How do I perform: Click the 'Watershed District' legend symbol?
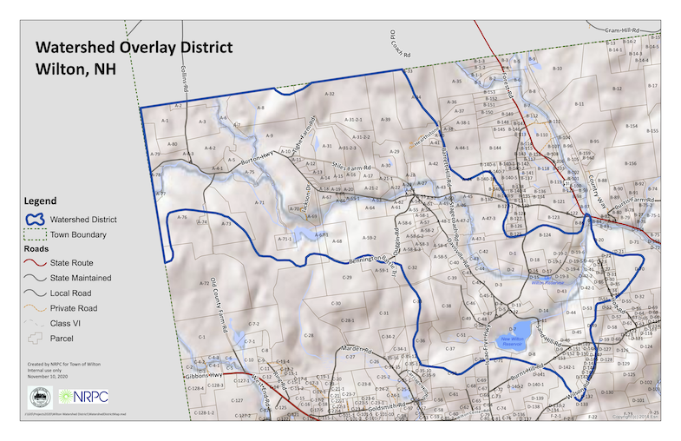[36, 220]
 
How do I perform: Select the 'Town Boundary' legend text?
[79, 234]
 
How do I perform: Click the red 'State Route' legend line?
[36, 263]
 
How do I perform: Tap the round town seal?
[40, 398]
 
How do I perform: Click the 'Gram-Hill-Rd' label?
[622, 29]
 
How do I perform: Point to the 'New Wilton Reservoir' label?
[514, 341]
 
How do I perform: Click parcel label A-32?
[330, 92]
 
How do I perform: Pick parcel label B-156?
[631, 163]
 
